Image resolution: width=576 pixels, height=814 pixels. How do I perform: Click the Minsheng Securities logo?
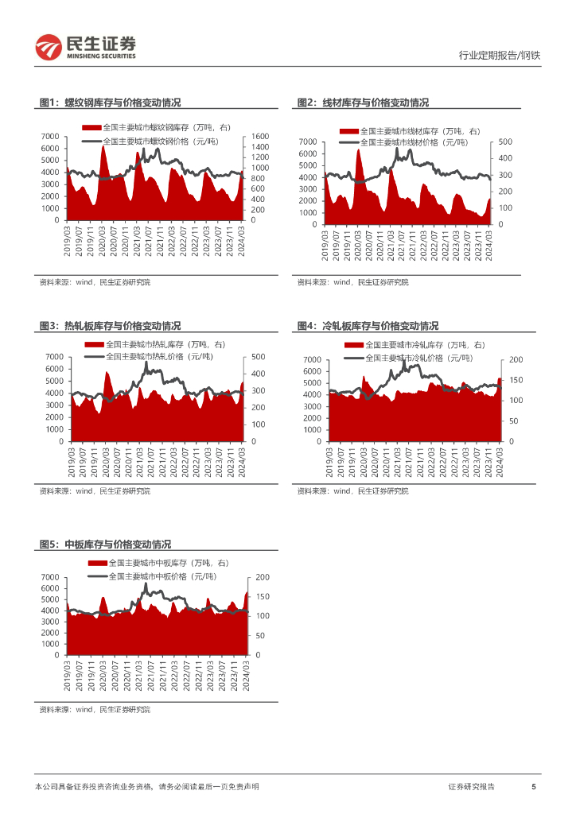pyautogui.click(x=86, y=47)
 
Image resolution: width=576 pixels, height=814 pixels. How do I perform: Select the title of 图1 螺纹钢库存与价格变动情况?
pyautogui.click(x=111, y=103)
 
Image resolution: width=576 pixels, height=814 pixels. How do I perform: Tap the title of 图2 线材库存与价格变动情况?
pyautogui.click(x=363, y=103)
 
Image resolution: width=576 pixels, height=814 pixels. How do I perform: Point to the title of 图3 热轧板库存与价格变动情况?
pyautogui.click(x=111, y=326)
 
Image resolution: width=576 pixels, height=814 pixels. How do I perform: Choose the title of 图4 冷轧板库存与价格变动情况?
pyautogui.click(x=368, y=326)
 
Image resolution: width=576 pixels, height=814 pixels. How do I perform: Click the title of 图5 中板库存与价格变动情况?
pyautogui.click(x=106, y=545)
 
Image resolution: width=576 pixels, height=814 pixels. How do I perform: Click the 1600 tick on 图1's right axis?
pyautogui.click(x=260, y=137)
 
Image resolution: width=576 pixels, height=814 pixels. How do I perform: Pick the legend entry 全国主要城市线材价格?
pyautogui.click(x=414, y=142)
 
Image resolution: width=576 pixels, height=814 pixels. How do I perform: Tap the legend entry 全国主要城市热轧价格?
pyautogui.click(x=159, y=357)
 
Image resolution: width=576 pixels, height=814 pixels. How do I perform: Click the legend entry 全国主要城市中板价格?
pyautogui.click(x=162, y=576)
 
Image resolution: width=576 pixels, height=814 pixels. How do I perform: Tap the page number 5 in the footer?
pyautogui.click(x=534, y=787)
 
